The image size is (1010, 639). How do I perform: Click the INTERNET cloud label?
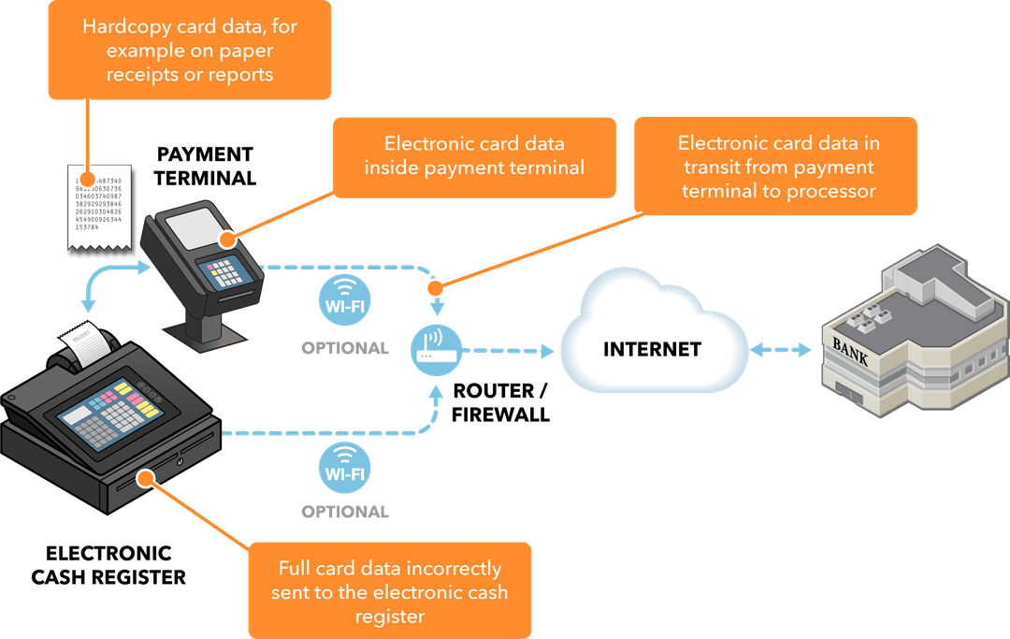tap(652, 350)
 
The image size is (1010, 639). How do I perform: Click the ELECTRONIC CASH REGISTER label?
tap(108, 564)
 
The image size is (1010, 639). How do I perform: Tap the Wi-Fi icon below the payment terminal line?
tap(344, 298)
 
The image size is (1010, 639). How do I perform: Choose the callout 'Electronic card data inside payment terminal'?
tap(474, 156)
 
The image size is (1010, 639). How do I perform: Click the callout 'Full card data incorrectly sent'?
tap(389, 591)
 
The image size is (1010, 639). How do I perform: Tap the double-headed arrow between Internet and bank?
tap(781, 350)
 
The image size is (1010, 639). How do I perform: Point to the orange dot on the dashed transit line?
tap(433, 287)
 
